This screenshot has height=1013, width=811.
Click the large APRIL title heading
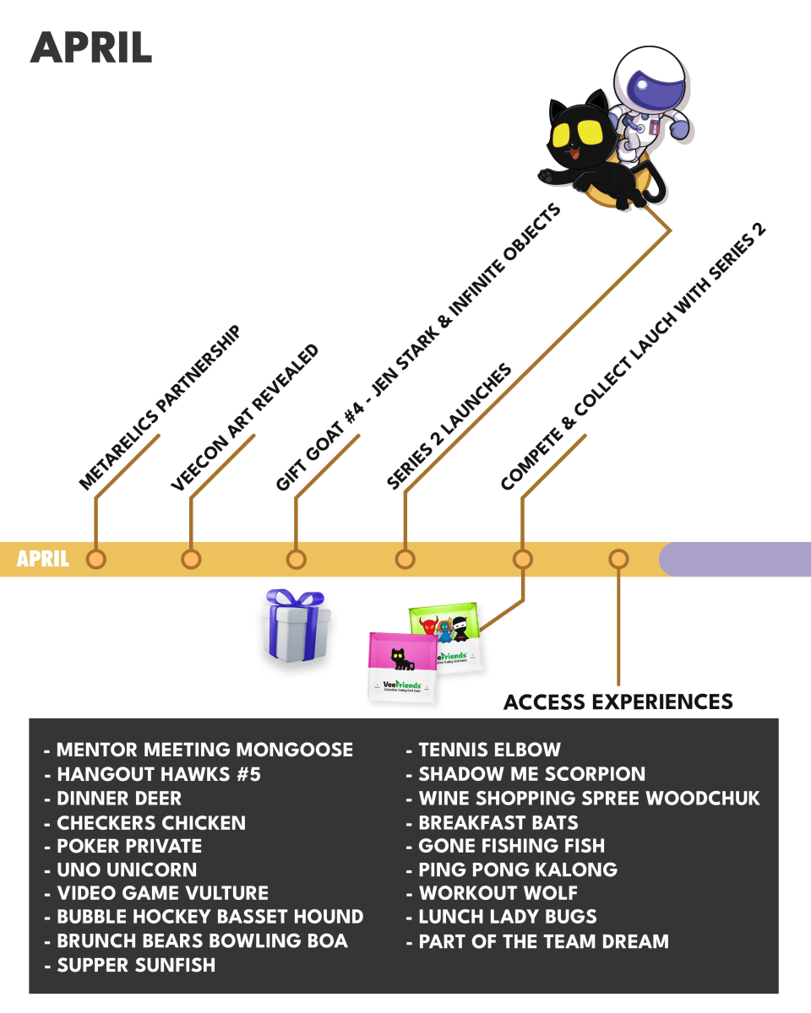(x=91, y=48)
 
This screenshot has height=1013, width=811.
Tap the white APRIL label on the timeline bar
(x=42, y=559)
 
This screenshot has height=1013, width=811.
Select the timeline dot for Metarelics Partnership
(x=95, y=559)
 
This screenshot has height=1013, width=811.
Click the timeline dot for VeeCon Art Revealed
(x=191, y=559)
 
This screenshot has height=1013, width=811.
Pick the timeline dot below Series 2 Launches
(x=405, y=559)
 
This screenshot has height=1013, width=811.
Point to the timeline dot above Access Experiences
(x=619, y=559)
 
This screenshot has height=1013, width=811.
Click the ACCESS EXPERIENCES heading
(x=618, y=702)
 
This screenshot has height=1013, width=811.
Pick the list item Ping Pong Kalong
(x=518, y=869)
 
